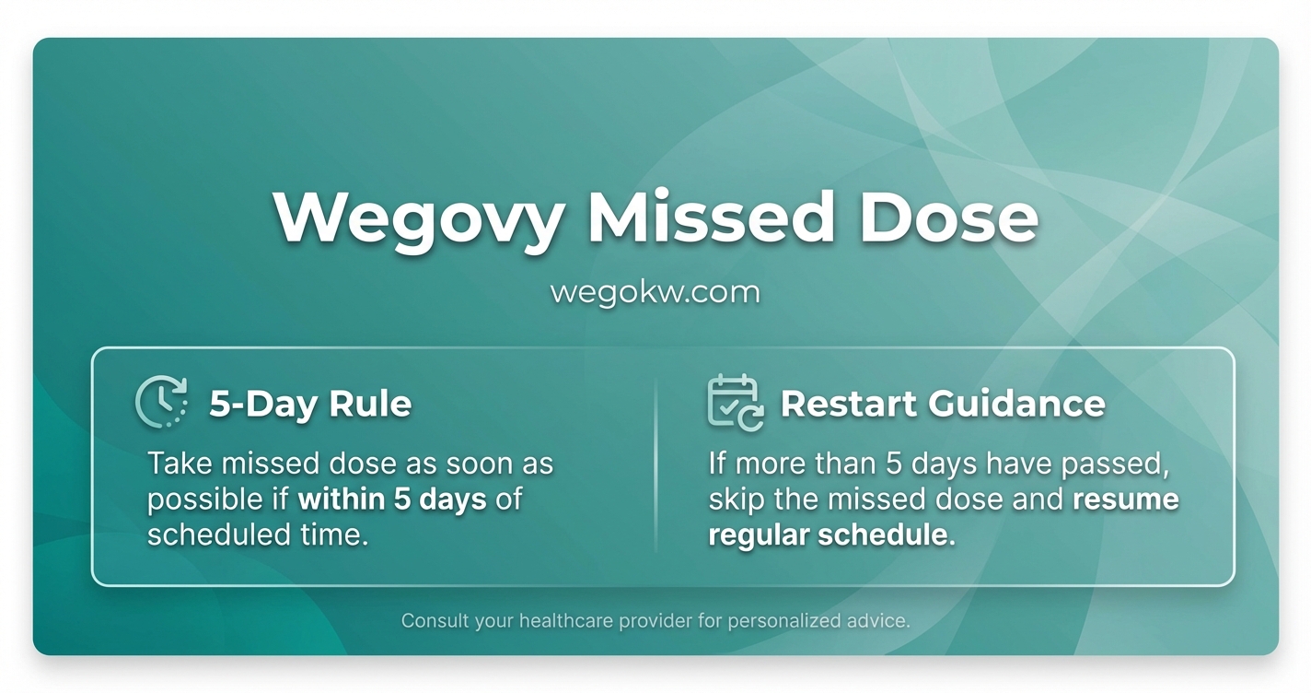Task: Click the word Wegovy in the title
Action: coord(418,219)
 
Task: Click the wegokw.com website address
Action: coord(655,293)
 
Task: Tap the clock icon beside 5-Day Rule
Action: coord(162,402)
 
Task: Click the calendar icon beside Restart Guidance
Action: coord(735,403)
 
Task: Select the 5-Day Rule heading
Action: coord(310,404)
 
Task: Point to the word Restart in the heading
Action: coord(848,404)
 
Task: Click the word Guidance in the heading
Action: coord(1016,404)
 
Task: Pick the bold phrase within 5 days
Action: coord(392,499)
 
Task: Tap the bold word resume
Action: coord(1126,499)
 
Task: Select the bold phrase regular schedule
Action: coord(831,535)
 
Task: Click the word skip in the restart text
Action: coord(737,499)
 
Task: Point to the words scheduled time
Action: coord(258,535)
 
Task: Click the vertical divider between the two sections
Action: coord(655,465)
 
